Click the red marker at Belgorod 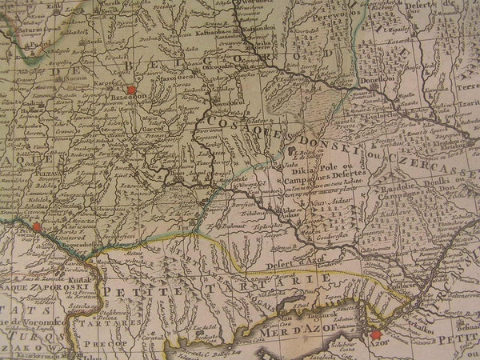(131, 92)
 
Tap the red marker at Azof (374, 335)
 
